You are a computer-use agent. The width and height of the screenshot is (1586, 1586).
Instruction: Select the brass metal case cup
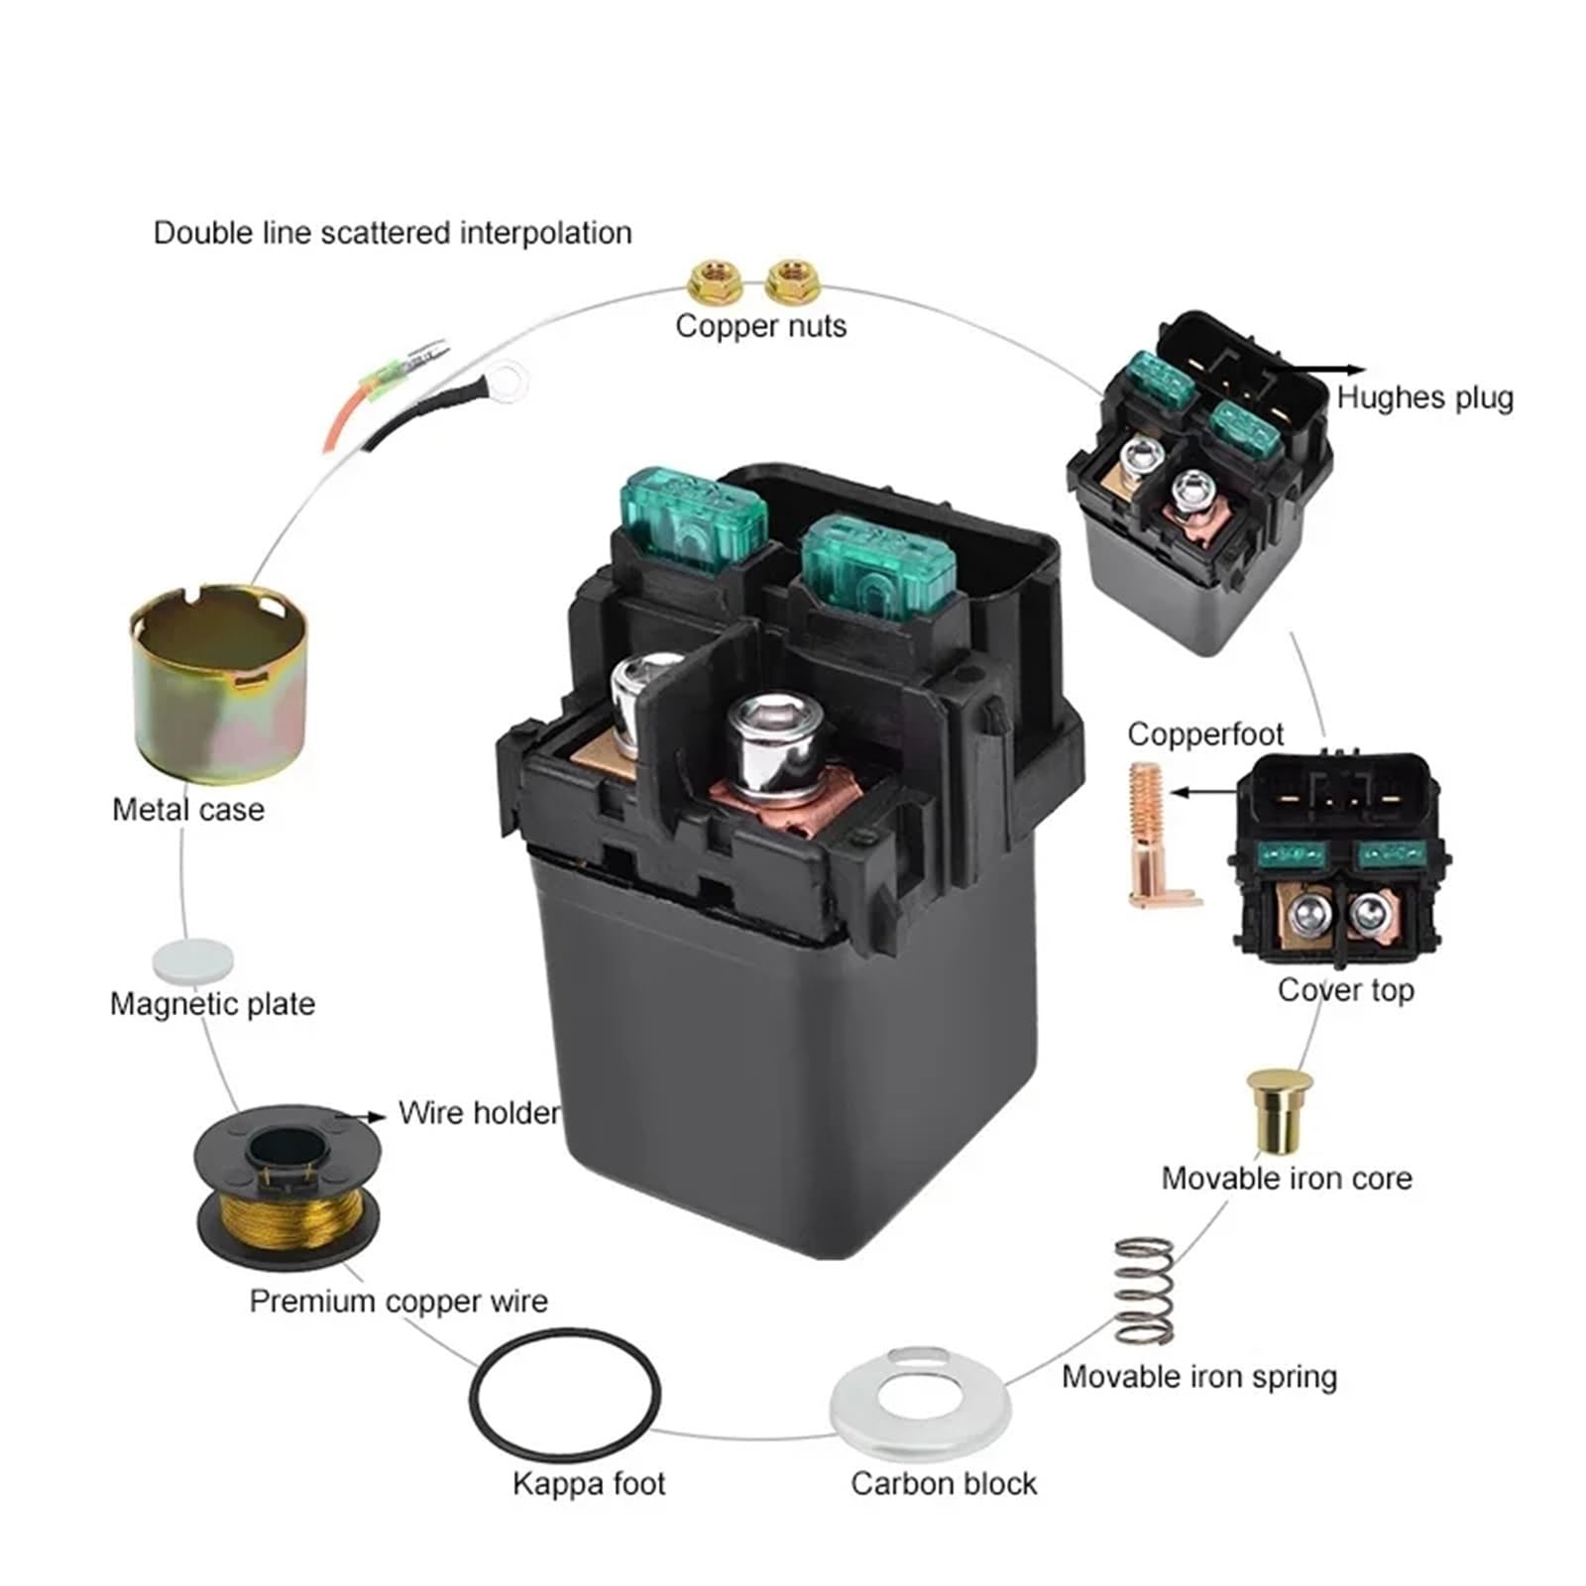(219, 684)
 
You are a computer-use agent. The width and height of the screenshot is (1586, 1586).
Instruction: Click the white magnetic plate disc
(193, 962)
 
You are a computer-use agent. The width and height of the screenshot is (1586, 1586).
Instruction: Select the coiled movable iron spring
(1145, 1291)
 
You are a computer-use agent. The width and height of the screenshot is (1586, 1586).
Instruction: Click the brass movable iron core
(1278, 1109)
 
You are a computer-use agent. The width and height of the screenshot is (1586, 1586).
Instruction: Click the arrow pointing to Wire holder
(361, 1116)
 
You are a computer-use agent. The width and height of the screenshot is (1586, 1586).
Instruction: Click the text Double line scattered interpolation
(393, 233)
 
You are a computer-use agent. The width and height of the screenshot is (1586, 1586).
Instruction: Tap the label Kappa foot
(589, 1484)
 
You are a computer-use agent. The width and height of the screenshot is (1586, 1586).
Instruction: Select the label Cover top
(1345, 989)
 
